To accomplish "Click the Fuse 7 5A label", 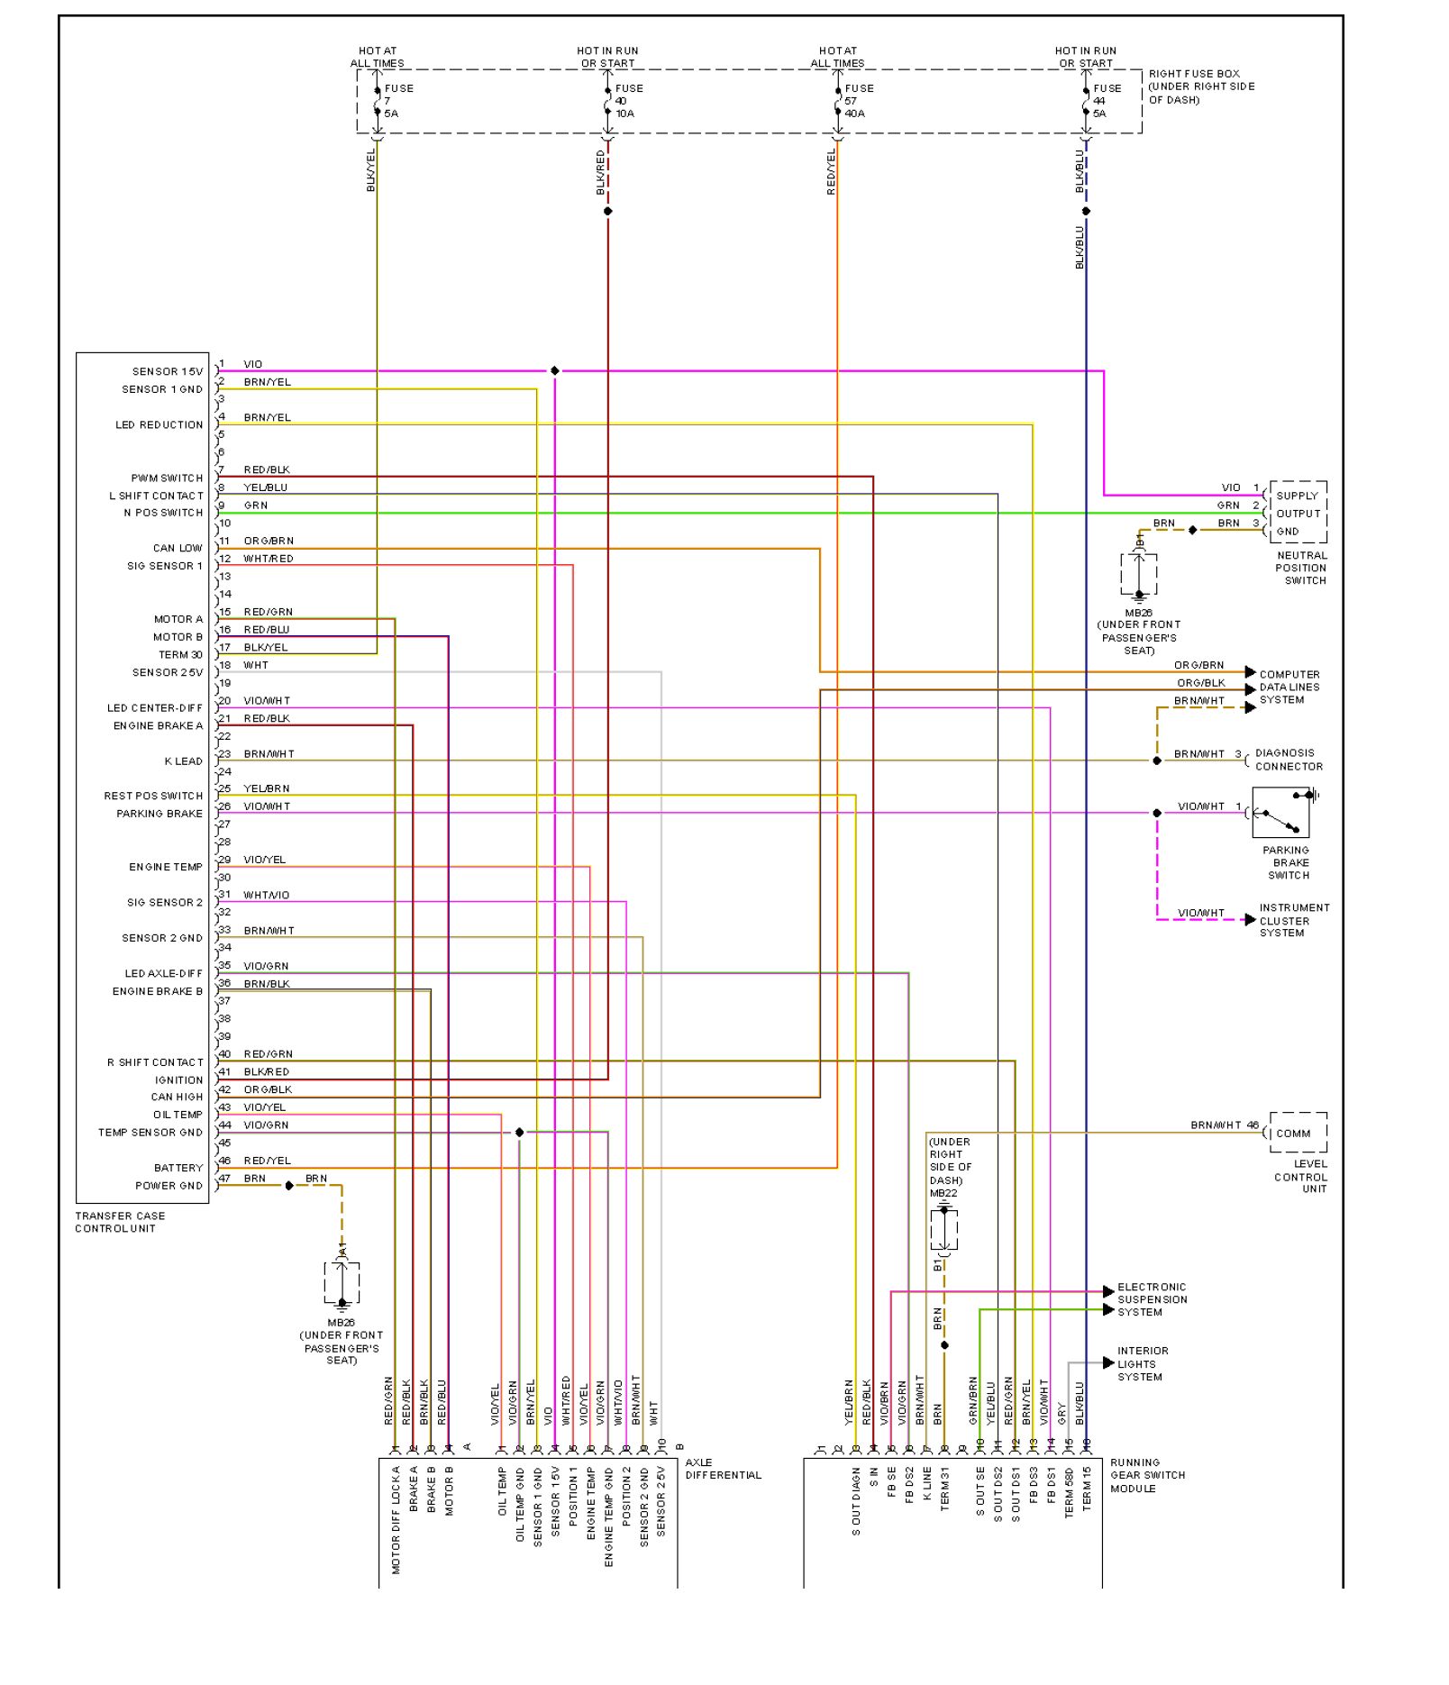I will coord(397,101).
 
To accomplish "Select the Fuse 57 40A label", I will coord(857,101).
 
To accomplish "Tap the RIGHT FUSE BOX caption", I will coord(1200,87).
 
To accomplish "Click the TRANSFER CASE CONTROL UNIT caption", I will coord(120,1222).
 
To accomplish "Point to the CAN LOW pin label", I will coord(178,548).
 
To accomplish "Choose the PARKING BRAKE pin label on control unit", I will coord(159,814).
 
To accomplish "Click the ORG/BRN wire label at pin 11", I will coord(269,541).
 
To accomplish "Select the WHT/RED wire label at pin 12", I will coord(269,559).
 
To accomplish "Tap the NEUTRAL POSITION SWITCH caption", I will coord(1301,568).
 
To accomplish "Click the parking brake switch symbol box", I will coord(1280,813).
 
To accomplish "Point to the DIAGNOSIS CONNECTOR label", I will coord(1289,760).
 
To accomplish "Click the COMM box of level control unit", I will coord(1297,1133).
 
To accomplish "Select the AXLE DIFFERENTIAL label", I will coord(723,1469).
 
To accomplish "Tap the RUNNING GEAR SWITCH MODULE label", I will coord(1147,1475).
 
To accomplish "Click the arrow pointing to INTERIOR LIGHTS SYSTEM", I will coord(1108,1363).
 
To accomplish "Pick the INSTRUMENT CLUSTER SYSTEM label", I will coord(1294,920).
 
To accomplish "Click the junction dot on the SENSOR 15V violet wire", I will coord(555,371).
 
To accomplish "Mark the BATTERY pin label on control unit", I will coord(178,1168).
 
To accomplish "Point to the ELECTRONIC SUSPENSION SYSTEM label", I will coord(1152,1299).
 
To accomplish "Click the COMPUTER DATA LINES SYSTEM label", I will coord(1289,687).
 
